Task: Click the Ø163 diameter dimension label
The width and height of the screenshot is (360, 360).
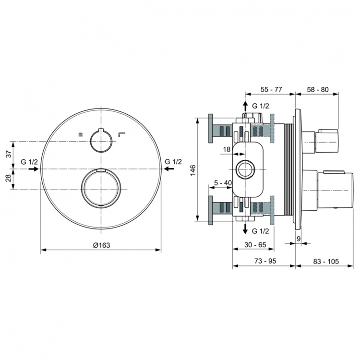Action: pyautogui.click(x=101, y=245)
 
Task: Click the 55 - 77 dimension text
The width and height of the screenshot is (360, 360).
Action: pyautogui.click(x=271, y=90)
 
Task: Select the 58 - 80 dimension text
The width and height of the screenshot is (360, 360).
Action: pyautogui.click(x=318, y=90)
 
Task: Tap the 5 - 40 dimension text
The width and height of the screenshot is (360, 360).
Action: pyautogui.click(x=223, y=182)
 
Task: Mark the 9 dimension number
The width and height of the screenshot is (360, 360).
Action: pyautogui.click(x=299, y=238)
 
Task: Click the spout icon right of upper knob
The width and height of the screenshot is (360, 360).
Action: pyautogui.click(x=122, y=135)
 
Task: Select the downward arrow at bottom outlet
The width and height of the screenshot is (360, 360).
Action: pyautogui.click(x=245, y=228)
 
